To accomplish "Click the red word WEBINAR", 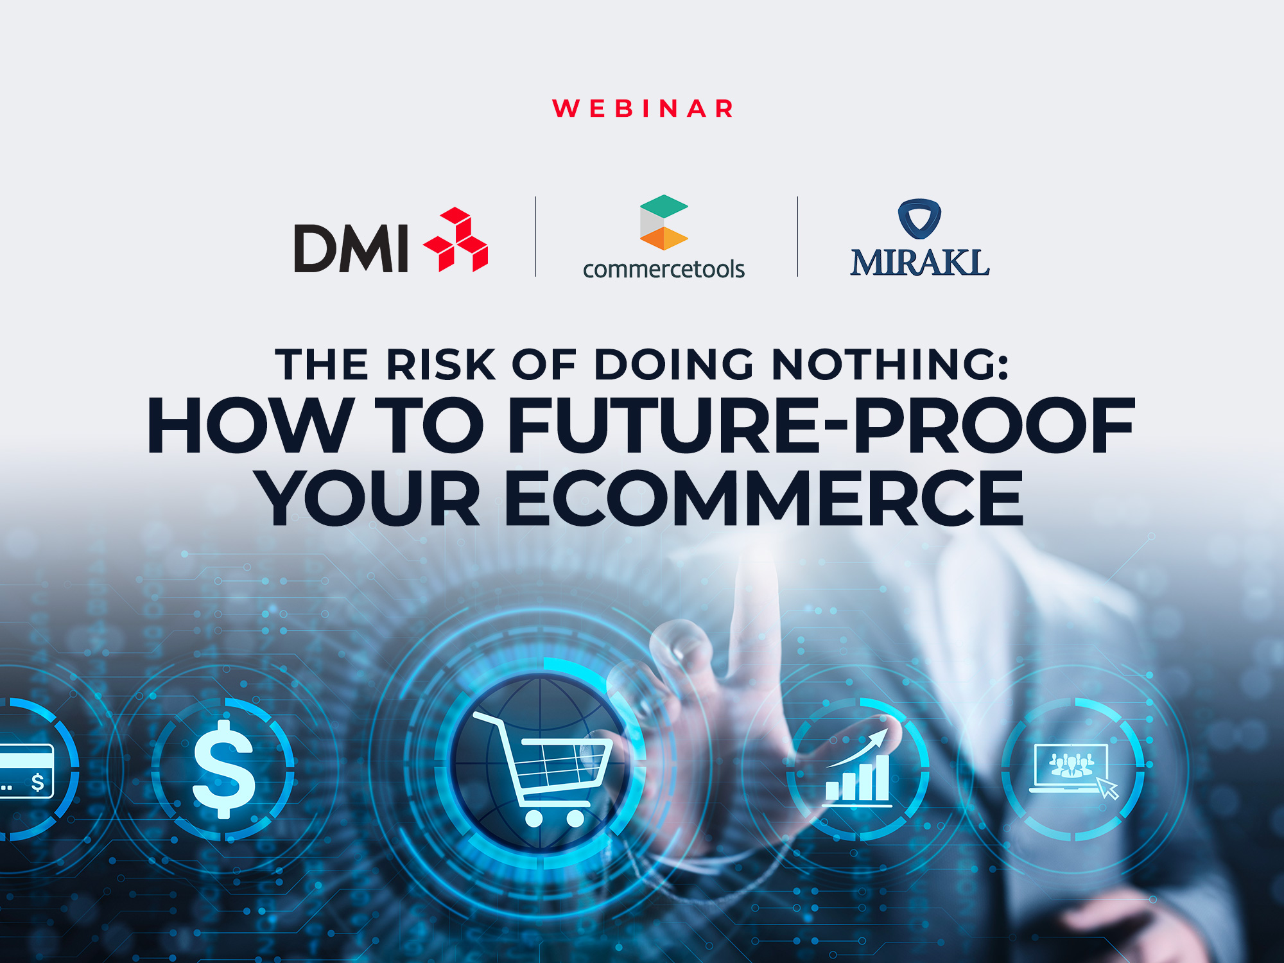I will pos(643,108).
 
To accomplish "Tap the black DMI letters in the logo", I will pos(351,248).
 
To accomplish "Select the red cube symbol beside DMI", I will pos(456,240).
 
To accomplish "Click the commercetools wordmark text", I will pos(663,269).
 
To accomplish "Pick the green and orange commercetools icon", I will pos(663,222).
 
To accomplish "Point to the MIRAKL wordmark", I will pos(919,263).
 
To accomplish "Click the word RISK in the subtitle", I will pos(440,365).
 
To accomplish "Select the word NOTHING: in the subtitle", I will pos(890,365).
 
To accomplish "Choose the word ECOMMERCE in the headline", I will pos(764,498).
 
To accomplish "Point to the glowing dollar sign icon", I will pos(224,769).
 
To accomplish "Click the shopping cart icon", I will pos(542,767).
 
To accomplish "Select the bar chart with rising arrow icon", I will pos(858,770).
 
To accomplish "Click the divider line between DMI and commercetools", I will pos(535,236).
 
